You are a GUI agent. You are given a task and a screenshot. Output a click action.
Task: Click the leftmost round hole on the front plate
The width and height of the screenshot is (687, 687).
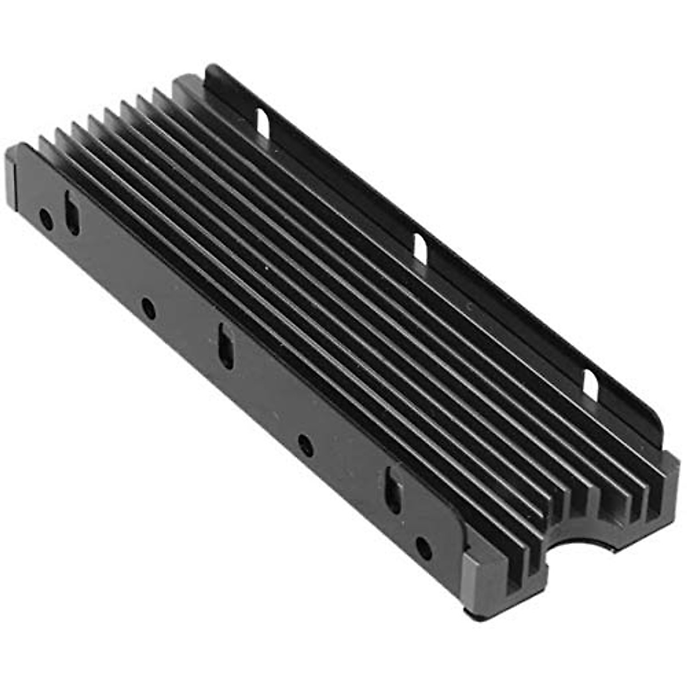[x=46, y=219]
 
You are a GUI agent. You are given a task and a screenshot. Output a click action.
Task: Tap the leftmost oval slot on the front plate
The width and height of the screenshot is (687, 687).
[x=73, y=213]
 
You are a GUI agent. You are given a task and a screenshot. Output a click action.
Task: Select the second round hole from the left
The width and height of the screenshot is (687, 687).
[x=148, y=309]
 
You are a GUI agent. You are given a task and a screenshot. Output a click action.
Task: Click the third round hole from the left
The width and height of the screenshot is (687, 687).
[x=306, y=445]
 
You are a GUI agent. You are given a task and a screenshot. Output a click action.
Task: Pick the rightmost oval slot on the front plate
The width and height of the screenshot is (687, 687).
[x=393, y=490]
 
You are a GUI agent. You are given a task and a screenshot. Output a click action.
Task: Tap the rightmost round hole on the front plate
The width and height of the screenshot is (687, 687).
[x=424, y=548]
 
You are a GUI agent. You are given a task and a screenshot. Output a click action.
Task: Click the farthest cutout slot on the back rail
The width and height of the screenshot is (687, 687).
[x=263, y=121]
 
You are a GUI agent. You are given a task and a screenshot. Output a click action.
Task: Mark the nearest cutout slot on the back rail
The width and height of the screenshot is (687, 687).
[x=590, y=385]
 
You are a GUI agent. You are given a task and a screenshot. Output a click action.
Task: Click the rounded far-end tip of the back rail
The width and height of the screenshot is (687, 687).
[x=211, y=70]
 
